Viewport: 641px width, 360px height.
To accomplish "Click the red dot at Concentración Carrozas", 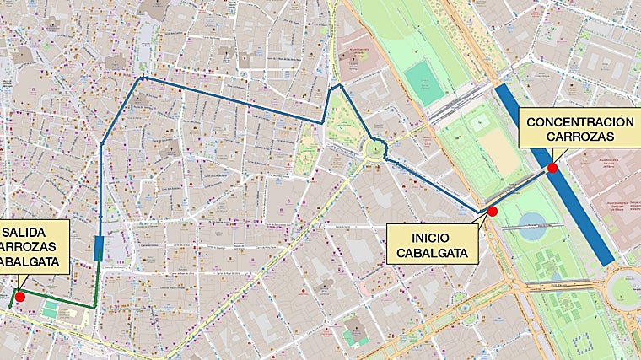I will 552,168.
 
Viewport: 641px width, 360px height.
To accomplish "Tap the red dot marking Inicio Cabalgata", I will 493,211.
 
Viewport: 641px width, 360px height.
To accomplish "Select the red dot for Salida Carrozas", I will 20,297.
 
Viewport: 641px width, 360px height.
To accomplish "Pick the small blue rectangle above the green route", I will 100,248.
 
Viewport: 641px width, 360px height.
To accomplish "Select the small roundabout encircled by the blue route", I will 374,151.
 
